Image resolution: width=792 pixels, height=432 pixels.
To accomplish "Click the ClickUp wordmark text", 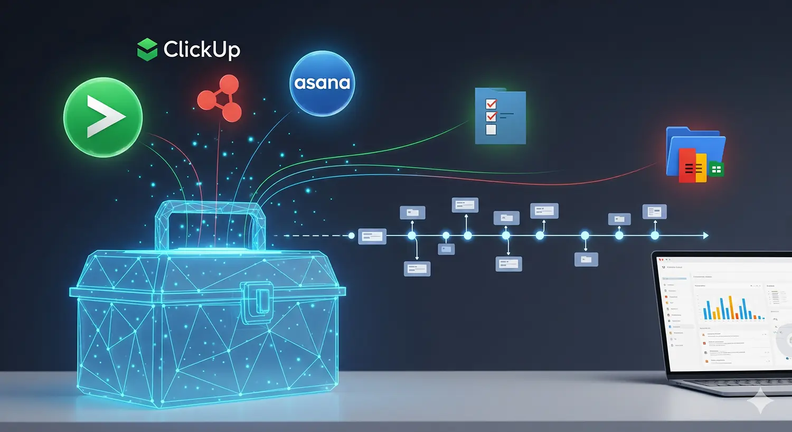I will click(202, 50).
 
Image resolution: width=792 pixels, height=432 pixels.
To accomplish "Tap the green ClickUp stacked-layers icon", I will click(147, 50).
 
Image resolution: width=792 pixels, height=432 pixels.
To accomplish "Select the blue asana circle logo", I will click(322, 83).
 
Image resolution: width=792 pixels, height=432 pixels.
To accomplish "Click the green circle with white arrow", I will click(103, 117).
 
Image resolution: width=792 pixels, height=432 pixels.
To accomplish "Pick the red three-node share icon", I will click(220, 98).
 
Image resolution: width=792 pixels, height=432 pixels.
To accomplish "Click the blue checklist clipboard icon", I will click(500, 117).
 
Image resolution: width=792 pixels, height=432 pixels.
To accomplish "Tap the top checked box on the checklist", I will click(491, 104).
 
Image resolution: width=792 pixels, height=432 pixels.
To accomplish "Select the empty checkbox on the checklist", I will click(491, 130).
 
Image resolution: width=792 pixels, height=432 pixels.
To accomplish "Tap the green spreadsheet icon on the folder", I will click(716, 170).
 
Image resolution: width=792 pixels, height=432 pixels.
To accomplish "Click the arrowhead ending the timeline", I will click(705, 236).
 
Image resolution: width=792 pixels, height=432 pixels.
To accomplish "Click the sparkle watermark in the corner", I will click(760, 401).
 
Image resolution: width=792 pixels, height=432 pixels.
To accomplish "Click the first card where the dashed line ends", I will click(372, 236).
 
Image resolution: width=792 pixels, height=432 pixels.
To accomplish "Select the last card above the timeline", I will click(654, 212).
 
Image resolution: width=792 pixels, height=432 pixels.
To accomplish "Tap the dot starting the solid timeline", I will click(352, 236).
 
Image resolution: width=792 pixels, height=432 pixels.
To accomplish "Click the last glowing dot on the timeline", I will click(655, 236).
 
